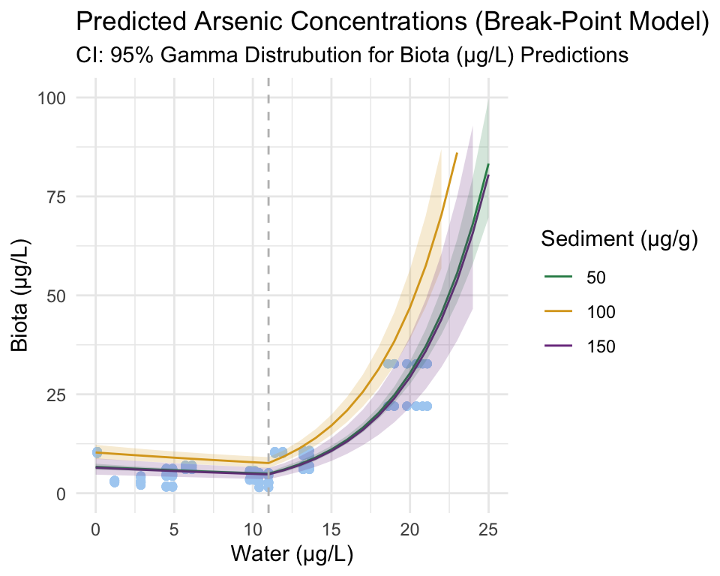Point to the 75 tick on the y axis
57,196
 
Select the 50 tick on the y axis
57,295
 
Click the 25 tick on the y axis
57,394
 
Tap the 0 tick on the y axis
61,493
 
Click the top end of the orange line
457,153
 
